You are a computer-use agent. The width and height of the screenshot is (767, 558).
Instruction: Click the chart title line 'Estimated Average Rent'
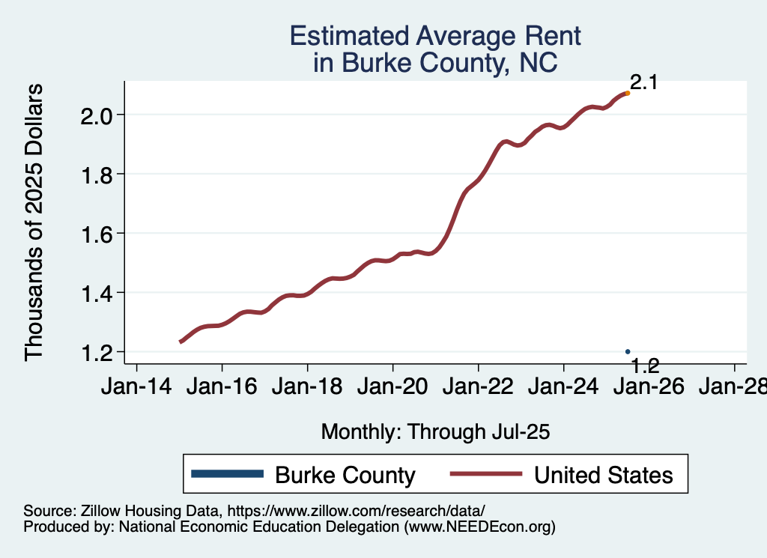(x=435, y=36)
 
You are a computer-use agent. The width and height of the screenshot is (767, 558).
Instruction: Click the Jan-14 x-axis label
(x=136, y=387)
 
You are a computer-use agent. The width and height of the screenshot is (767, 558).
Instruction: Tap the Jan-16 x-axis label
(x=222, y=387)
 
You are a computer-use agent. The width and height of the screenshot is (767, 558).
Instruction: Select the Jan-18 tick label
(x=307, y=387)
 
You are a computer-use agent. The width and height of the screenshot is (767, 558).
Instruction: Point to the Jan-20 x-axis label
(x=392, y=387)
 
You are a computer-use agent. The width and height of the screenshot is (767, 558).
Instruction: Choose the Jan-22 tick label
(x=478, y=387)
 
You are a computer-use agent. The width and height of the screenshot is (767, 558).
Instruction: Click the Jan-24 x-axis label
(x=563, y=387)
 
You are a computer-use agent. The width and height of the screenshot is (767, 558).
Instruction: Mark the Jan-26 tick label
(x=649, y=387)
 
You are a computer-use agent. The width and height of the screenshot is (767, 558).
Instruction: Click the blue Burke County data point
(x=628, y=351)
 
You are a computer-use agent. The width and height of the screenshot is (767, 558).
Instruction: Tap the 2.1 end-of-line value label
(x=643, y=82)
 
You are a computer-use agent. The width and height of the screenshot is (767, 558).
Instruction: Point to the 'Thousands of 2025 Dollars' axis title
(x=35, y=222)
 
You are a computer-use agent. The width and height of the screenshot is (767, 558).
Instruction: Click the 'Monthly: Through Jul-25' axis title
(x=435, y=431)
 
